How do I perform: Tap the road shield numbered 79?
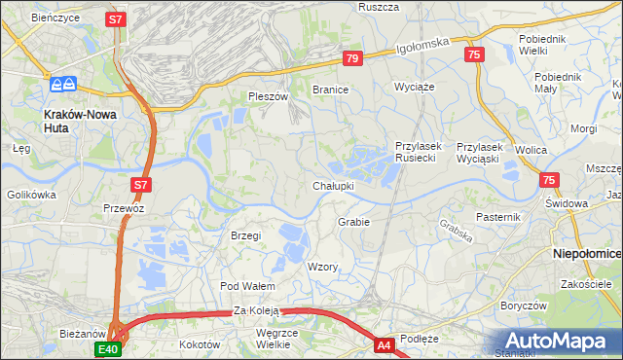(x=352, y=59)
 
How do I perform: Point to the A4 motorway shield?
(x=385, y=344)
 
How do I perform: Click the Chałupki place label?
(x=333, y=185)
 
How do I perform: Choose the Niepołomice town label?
(x=587, y=252)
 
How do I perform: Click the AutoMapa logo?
(x=552, y=341)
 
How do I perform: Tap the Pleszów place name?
(x=268, y=96)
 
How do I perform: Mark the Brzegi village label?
(x=246, y=235)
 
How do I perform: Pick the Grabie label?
(x=353, y=221)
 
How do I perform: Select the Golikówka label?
(x=29, y=195)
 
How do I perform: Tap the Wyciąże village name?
(x=413, y=87)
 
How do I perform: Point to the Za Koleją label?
(x=256, y=310)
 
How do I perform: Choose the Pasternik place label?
(x=500, y=216)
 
